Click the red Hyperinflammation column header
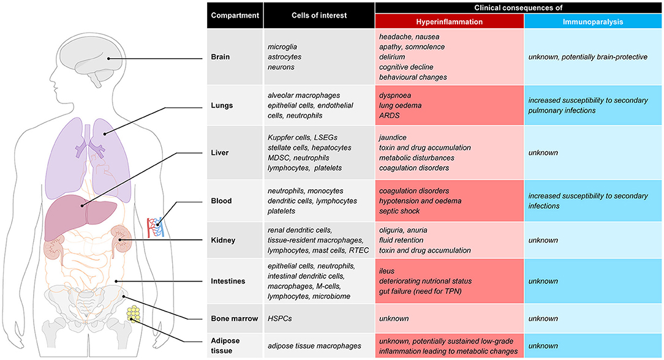point(449,21)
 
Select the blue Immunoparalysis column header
point(592,21)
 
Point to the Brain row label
point(222,56)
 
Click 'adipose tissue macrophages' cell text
point(315,345)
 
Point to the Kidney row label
point(224,240)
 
